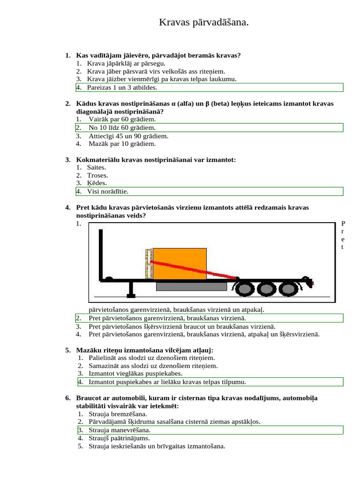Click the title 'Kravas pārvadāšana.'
[203, 22]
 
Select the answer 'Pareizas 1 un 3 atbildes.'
[122, 87]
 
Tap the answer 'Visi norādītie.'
[107, 191]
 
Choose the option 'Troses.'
[97, 175]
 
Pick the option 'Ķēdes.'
[97, 183]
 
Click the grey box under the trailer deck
[191, 286]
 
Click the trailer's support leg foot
[131, 295]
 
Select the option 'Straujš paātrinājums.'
[119, 438]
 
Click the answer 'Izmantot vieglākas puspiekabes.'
[135, 374]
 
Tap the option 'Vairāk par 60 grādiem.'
[122, 120]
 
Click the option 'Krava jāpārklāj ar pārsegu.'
[126, 63]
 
